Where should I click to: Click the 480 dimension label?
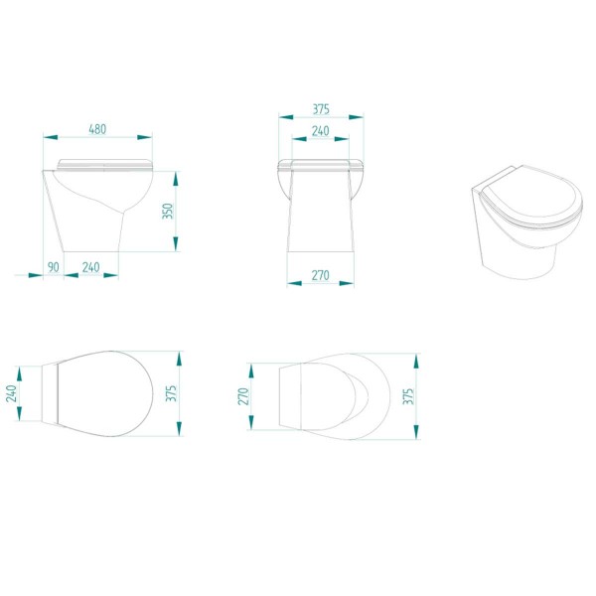(x=97, y=129)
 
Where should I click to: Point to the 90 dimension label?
(x=53, y=265)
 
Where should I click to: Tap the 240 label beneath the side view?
(x=89, y=265)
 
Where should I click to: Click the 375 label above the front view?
(x=320, y=108)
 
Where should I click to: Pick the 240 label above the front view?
(x=320, y=130)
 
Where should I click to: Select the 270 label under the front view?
(x=320, y=274)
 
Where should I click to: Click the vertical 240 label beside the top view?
(x=13, y=393)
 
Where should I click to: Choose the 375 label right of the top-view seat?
(x=171, y=393)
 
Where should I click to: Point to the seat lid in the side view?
(x=104, y=163)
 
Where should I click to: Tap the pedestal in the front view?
(x=320, y=223)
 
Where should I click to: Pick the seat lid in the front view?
(x=320, y=162)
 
